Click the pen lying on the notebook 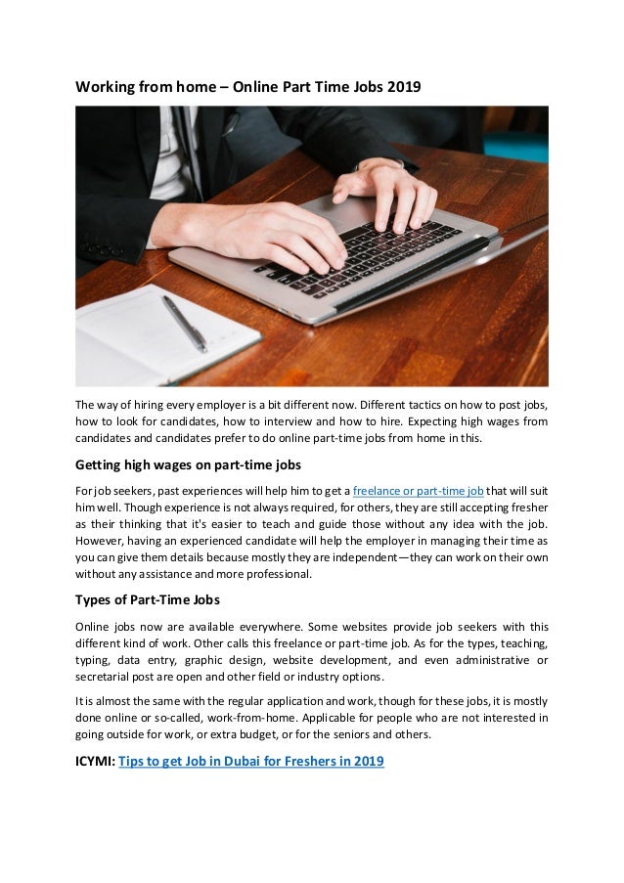coord(184,323)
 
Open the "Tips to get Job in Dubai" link coord(251,761)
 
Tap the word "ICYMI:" coord(95,761)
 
